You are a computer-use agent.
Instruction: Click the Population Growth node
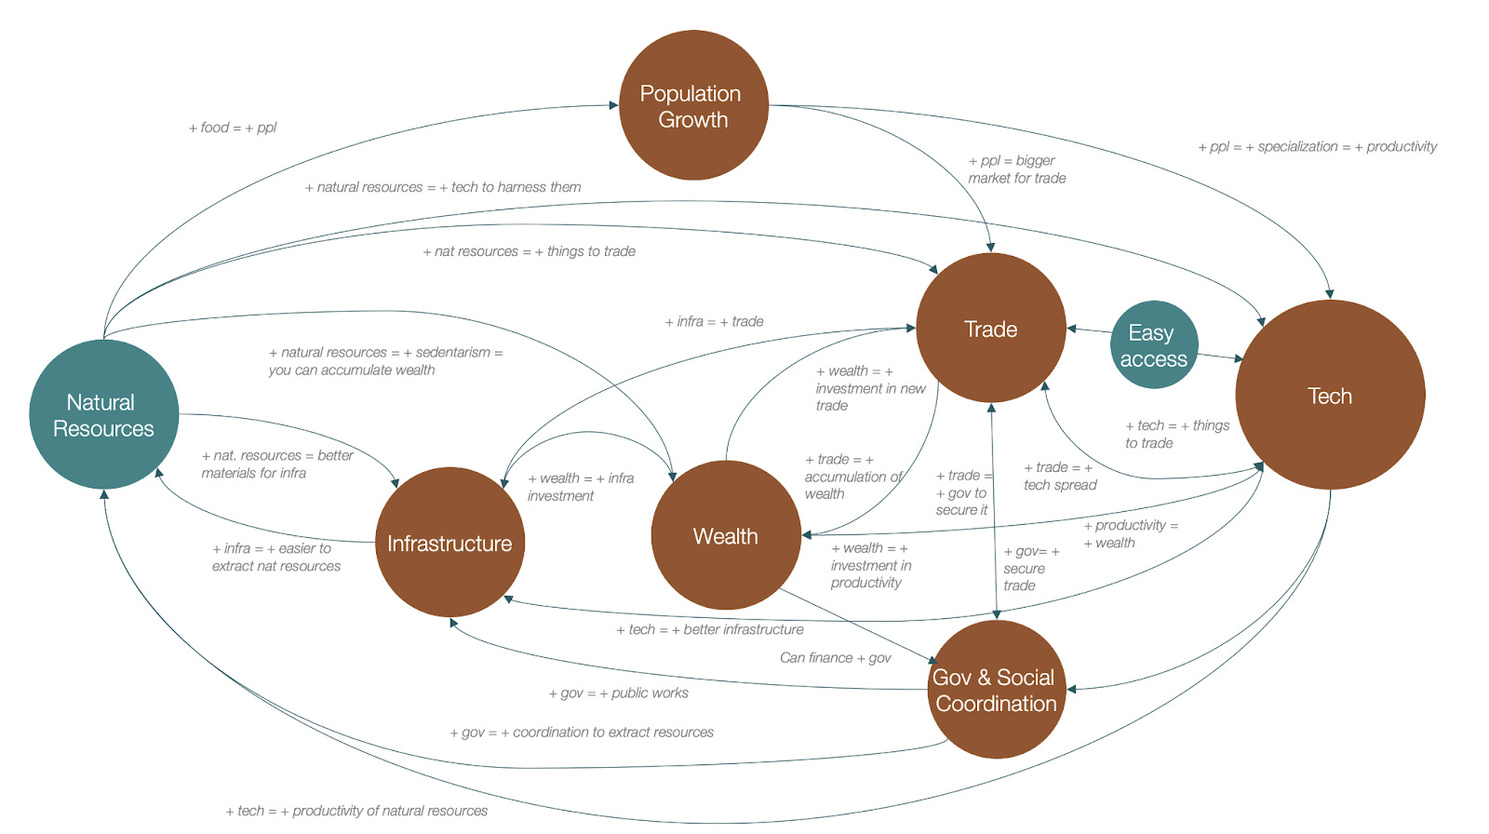click(x=693, y=105)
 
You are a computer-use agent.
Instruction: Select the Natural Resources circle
click(x=103, y=415)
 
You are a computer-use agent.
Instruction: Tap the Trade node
click(x=991, y=329)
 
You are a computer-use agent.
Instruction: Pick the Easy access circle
click(x=1154, y=345)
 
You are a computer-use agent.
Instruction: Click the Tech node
click(x=1330, y=396)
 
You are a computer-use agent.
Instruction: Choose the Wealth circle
click(x=726, y=536)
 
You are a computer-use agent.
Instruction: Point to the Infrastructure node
click(x=449, y=543)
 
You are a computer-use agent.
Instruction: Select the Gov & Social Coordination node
click(x=996, y=690)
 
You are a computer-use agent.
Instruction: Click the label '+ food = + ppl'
click(x=233, y=128)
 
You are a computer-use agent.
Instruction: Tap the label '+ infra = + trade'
click(x=714, y=322)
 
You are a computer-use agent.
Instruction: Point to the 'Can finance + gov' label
click(x=835, y=658)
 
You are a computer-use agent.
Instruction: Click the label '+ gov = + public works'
click(x=618, y=693)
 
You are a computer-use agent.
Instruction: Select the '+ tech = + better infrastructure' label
click(x=709, y=630)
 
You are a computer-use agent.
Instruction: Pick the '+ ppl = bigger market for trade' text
click(x=1016, y=169)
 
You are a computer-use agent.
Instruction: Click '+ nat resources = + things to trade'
click(x=529, y=251)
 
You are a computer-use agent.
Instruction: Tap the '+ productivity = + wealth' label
click(x=1130, y=534)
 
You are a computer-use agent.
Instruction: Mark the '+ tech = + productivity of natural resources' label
click(x=356, y=812)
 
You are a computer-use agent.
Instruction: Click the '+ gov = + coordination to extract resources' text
click(x=582, y=733)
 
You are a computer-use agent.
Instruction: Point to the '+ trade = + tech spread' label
click(x=1059, y=477)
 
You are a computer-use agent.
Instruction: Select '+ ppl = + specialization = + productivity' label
click(x=1317, y=147)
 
